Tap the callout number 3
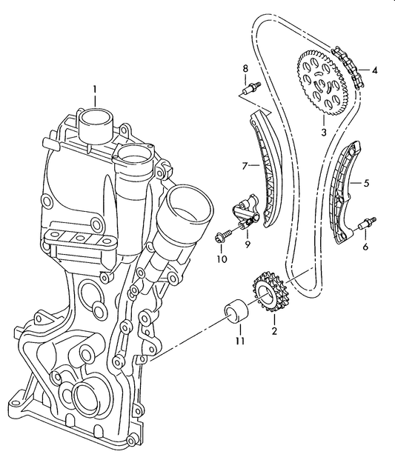click(324, 133)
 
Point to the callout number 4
click(375, 71)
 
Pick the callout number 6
click(365, 247)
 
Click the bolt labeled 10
click(222, 237)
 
